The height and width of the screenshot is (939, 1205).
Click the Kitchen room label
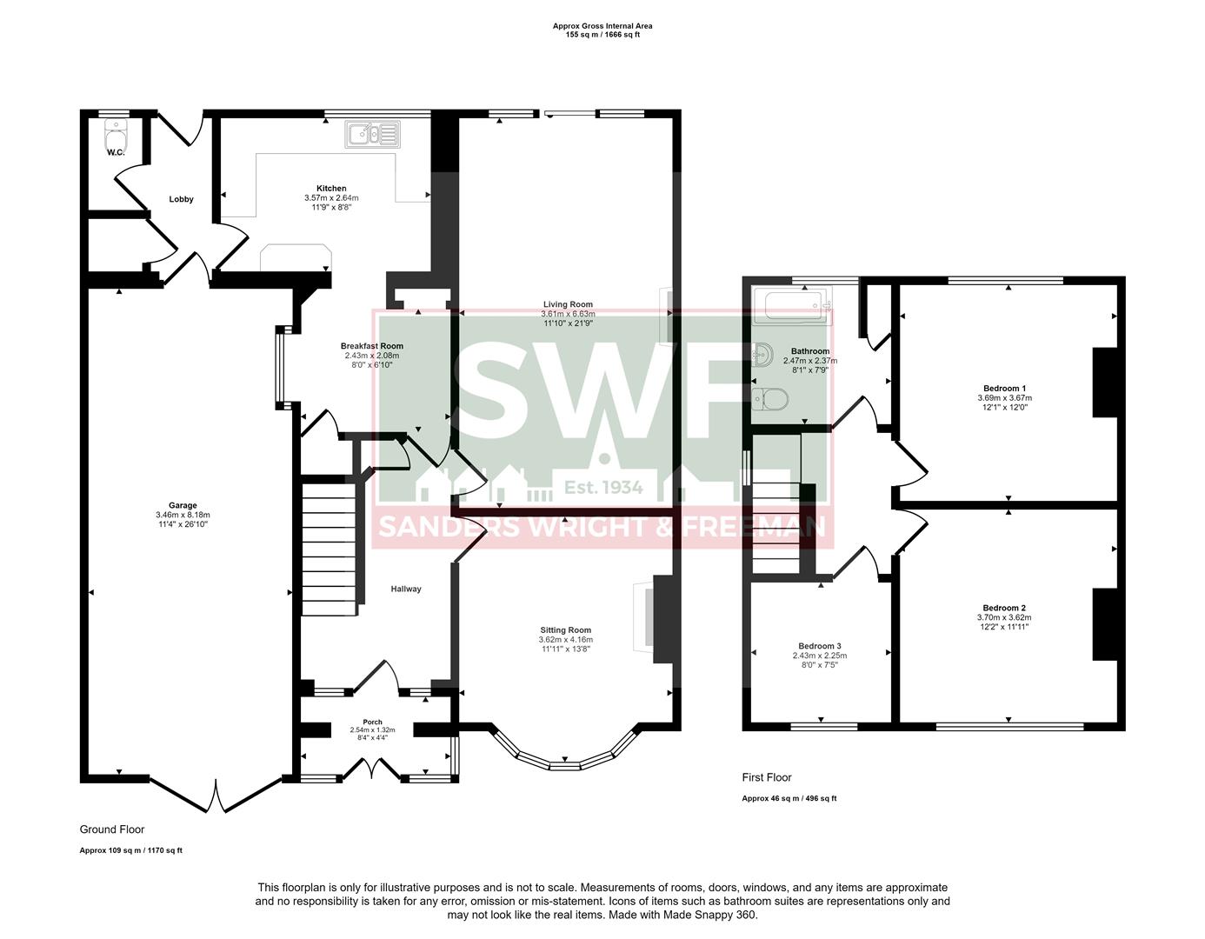tap(331, 189)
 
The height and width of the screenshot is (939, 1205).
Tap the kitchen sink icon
tap(372, 134)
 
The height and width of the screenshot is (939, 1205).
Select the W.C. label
tap(116, 153)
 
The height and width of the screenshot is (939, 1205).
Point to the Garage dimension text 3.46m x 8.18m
tap(183, 515)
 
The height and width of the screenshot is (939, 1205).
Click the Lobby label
tap(181, 199)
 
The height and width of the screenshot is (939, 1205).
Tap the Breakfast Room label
tap(371, 346)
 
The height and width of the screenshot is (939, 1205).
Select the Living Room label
tap(567, 304)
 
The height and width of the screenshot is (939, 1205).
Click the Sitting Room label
tap(565, 630)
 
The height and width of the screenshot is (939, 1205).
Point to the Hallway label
tap(405, 589)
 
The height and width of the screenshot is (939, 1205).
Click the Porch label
tap(372, 722)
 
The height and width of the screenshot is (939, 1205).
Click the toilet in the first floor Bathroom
tap(769, 399)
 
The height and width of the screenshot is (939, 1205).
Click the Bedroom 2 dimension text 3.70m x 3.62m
tap(1004, 617)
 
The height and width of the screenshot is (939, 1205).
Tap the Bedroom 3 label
tap(819, 646)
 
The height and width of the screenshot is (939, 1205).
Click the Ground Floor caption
tap(112, 829)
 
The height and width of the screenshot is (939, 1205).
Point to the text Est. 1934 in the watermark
tap(603, 487)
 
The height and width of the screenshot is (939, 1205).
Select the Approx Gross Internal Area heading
tap(602, 26)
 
